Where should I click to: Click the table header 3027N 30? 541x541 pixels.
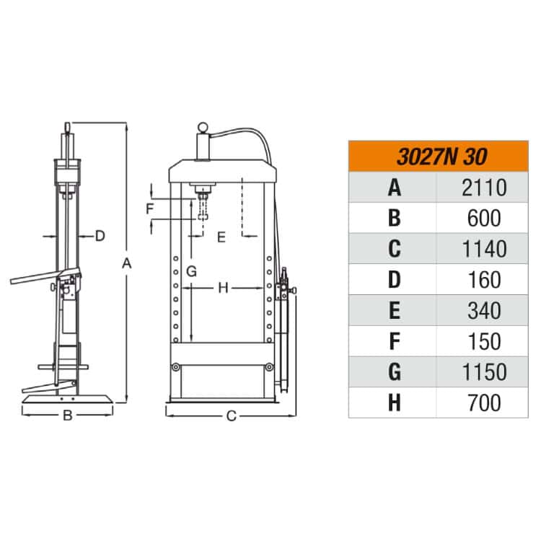(x=442, y=157)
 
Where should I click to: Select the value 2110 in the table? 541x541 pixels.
(x=484, y=188)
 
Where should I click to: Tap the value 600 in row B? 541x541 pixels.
(x=484, y=219)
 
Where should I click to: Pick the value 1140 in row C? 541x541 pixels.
(x=484, y=249)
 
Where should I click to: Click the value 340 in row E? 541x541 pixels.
(x=484, y=310)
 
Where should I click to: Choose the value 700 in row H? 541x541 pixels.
(x=484, y=403)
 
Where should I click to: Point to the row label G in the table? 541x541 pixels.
(x=395, y=372)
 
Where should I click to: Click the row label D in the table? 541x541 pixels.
(x=395, y=280)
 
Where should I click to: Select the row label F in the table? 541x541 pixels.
(x=395, y=341)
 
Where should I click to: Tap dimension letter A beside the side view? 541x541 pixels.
(x=127, y=263)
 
